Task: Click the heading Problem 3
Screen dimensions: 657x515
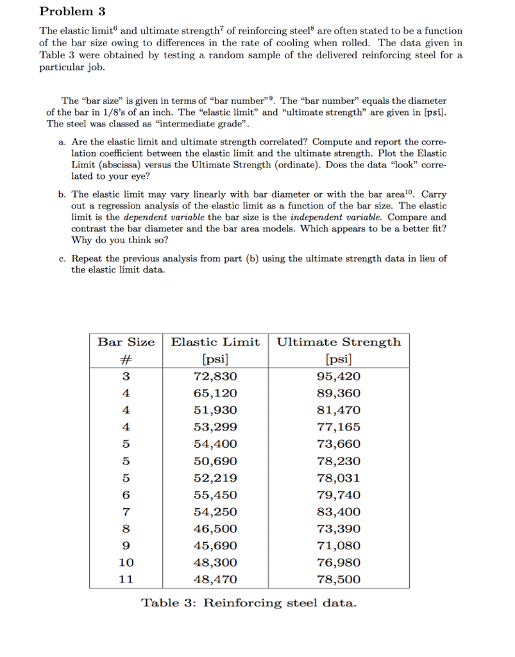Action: point(72,12)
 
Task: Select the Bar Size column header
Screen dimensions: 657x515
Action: point(126,342)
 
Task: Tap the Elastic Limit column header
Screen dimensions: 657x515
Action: point(215,342)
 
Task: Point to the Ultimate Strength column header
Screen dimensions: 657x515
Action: point(339,342)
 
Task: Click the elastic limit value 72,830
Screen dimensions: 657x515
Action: point(215,376)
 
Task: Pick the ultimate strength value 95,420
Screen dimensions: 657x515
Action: point(339,376)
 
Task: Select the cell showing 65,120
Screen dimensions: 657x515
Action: point(215,393)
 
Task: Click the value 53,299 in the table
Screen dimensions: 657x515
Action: point(215,427)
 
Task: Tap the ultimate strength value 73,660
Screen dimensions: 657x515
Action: point(339,444)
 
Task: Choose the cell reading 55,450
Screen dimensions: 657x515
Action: point(215,495)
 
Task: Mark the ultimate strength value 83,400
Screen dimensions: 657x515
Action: point(339,512)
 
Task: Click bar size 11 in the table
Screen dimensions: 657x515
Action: point(126,579)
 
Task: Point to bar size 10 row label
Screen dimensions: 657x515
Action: point(126,563)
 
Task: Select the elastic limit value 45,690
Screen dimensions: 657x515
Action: point(215,546)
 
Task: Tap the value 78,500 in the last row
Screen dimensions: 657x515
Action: point(339,579)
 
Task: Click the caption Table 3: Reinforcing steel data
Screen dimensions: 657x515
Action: point(248,603)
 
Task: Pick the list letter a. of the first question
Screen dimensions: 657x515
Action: point(62,142)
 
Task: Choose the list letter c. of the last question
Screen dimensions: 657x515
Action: point(62,259)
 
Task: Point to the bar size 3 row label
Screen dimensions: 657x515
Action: point(126,376)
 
